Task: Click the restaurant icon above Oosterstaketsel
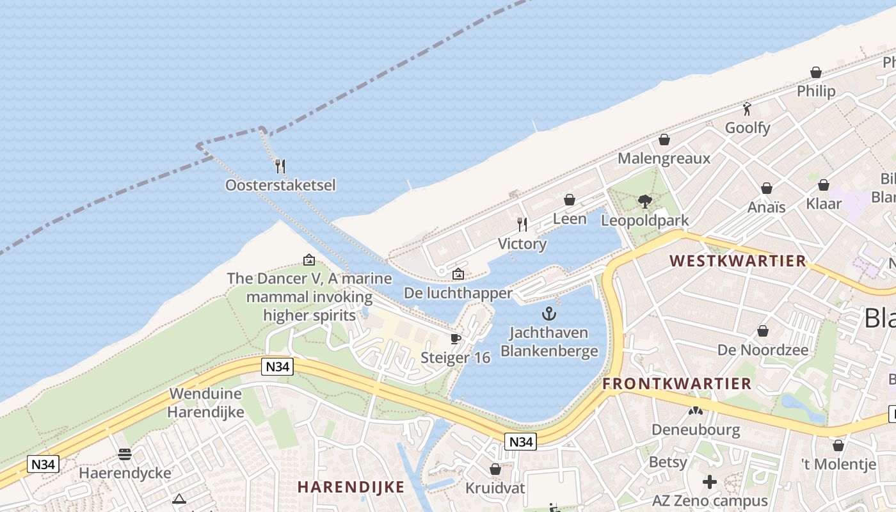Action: [280, 166]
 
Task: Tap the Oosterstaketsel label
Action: [280, 185]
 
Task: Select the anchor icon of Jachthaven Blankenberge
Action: [548, 314]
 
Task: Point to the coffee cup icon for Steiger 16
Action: [456, 339]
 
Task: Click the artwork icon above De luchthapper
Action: [458, 274]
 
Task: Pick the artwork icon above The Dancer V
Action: [309, 260]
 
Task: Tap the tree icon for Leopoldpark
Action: [645, 202]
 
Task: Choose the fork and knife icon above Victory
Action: [522, 224]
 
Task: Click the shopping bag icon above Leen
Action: [570, 200]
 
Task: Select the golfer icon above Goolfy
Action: [747, 109]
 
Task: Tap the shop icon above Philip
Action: [816, 72]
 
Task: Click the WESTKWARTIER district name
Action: [738, 261]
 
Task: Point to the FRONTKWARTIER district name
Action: [677, 384]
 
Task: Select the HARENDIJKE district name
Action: [351, 486]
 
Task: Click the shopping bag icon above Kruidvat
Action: [495, 469]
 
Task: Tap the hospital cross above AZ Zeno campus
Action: [710, 482]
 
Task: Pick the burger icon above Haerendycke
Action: [125, 454]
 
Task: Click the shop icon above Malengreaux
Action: [664, 140]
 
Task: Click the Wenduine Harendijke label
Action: [205, 403]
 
